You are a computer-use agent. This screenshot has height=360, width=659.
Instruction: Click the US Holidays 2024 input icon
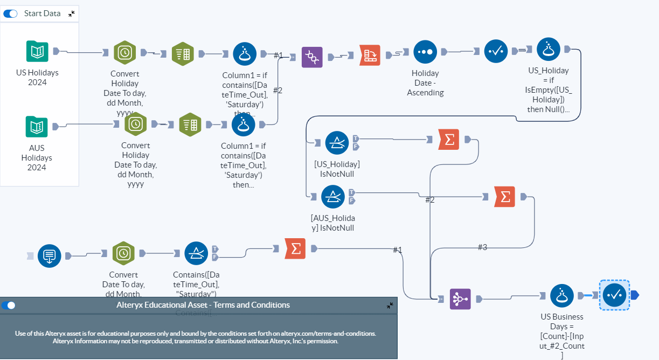37,52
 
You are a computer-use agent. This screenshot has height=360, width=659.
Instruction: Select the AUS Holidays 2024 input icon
37,127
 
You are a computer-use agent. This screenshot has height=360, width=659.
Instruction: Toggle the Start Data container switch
10,13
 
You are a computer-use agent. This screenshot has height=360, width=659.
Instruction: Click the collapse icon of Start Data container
72,13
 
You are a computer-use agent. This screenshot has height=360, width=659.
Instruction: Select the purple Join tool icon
311,57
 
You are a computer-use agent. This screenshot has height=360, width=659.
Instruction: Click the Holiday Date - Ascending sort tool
425,52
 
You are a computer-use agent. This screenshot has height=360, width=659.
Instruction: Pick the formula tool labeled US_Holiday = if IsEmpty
549,50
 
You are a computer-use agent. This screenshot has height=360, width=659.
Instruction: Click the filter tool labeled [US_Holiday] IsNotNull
337,143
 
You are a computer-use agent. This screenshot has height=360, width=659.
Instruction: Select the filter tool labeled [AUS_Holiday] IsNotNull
333,197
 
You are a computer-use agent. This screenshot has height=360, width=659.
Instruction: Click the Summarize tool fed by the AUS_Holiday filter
504,197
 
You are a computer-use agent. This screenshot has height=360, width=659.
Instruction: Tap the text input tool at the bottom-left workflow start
49,255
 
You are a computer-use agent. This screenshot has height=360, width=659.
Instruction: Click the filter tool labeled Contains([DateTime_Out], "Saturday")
196,253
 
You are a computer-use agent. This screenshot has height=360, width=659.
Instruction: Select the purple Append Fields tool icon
460,299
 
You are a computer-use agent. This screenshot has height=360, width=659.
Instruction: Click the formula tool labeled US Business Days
561,296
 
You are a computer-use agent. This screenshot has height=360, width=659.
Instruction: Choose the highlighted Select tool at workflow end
614,295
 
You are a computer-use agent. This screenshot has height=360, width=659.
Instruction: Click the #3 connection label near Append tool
482,247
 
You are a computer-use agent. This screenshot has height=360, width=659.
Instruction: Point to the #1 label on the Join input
278,56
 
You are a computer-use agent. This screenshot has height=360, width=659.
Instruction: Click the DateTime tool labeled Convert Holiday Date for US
124,52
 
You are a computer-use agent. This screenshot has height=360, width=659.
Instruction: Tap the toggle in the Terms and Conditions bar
9,306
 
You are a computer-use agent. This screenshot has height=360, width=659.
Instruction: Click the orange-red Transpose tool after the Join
370,56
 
